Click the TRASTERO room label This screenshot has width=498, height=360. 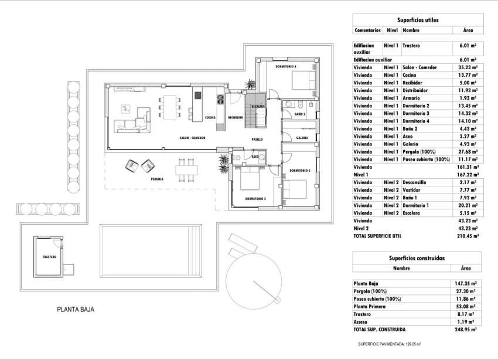coord(49,257)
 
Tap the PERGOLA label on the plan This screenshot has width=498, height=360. coord(156,179)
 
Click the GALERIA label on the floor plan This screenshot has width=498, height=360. coord(302,138)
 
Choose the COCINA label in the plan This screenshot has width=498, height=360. coord(210,117)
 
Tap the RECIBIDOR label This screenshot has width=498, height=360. coord(236,117)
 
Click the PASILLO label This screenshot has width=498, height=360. coord(257,140)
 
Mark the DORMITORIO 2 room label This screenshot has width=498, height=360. coord(255,199)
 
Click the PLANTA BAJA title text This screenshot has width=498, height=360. coord(76,310)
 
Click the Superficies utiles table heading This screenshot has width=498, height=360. coord(417,20)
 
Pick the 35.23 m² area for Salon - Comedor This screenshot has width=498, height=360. coord(467,67)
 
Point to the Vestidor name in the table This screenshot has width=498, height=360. coord(414,190)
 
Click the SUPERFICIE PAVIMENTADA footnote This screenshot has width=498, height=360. coord(390,344)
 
